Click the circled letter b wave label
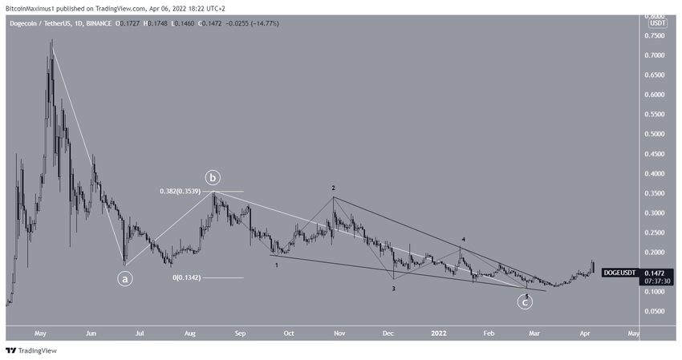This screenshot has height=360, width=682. pyautogui.click(x=213, y=177)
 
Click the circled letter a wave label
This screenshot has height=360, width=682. pyautogui.click(x=126, y=279)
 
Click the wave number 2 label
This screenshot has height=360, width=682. pyautogui.click(x=333, y=188)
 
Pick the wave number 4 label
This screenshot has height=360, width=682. pyautogui.click(x=464, y=239)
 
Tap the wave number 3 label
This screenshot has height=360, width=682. pyautogui.click(x=393, y=287)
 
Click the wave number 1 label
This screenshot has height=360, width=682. pyautogui.click(x=277, y=264)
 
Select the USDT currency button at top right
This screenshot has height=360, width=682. pyautogui.click(x=657, y=23)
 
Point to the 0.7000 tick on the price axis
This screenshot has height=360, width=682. pyautogui.click(x=660, y=55)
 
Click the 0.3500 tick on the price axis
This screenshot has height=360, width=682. pyautogui.click(x=660, y=193)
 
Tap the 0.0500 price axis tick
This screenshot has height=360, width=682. pyautogui.click(x=660, y=311)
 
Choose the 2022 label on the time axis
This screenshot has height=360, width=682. pyautogui.click(x=438, y=332)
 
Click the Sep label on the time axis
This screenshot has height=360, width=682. pyautogui.click(x=239, y=332)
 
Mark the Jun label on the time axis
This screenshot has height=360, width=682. pyautogui.click(x=91, y=332)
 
